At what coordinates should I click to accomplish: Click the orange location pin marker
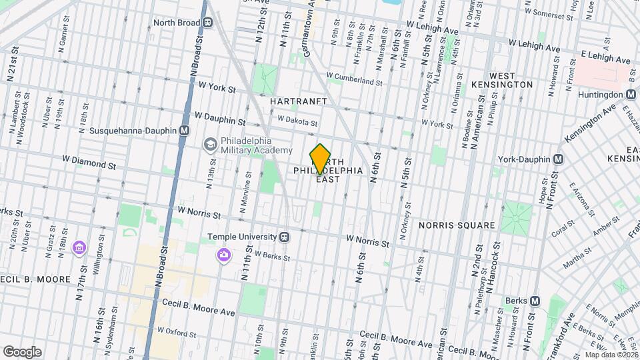tap(320, 159)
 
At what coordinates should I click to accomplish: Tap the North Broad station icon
tap(208, 23)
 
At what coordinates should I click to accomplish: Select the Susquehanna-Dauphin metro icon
tap(183, 131)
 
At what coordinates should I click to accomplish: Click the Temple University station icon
tap(285, 237)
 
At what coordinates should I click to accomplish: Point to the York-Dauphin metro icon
tap(559, 159)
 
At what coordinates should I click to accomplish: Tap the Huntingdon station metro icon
tap(631, 95)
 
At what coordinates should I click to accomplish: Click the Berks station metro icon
tap(534, 301)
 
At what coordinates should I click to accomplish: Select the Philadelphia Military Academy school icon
tap(210, 144)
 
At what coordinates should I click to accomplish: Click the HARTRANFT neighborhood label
tap(299, 101)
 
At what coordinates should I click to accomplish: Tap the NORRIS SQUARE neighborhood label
tap(457, 225)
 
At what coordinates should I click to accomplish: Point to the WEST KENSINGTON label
tap(511, 80)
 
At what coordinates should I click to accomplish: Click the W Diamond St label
tap(89, 161)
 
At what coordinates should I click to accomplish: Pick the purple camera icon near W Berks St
tap(223, 255)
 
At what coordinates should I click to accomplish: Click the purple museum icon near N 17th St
tap(79, 248)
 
